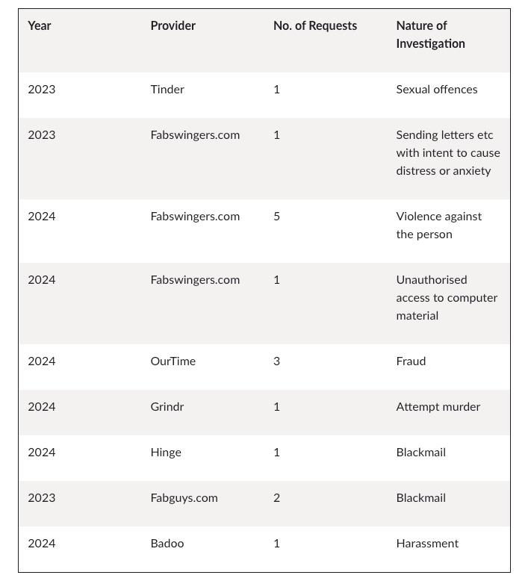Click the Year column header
[x=40, y=26]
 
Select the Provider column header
[x=173, y=26]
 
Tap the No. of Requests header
[x=314, y=26]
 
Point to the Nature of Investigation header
[x=430, y=34]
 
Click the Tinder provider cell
[x=167, y=90]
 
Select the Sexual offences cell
[x=436, y=90]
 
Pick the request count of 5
[x=276, y=217]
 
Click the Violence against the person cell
[x=438, y=226]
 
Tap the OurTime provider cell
[x=173, y=361]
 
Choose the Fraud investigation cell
[x=411, y=361]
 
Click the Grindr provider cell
[x=167, y=407]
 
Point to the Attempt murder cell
[x=438, y=407]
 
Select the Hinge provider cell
[x=165, y=453]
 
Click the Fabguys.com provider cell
[x=184, y=498]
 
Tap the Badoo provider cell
[x=167, y=544]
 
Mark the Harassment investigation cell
[x=427, y=544]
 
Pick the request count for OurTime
[x=276, y=361]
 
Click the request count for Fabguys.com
[x=276, y=498]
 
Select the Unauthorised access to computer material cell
[x=446, y=298]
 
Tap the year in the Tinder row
[x=41, y=90]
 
